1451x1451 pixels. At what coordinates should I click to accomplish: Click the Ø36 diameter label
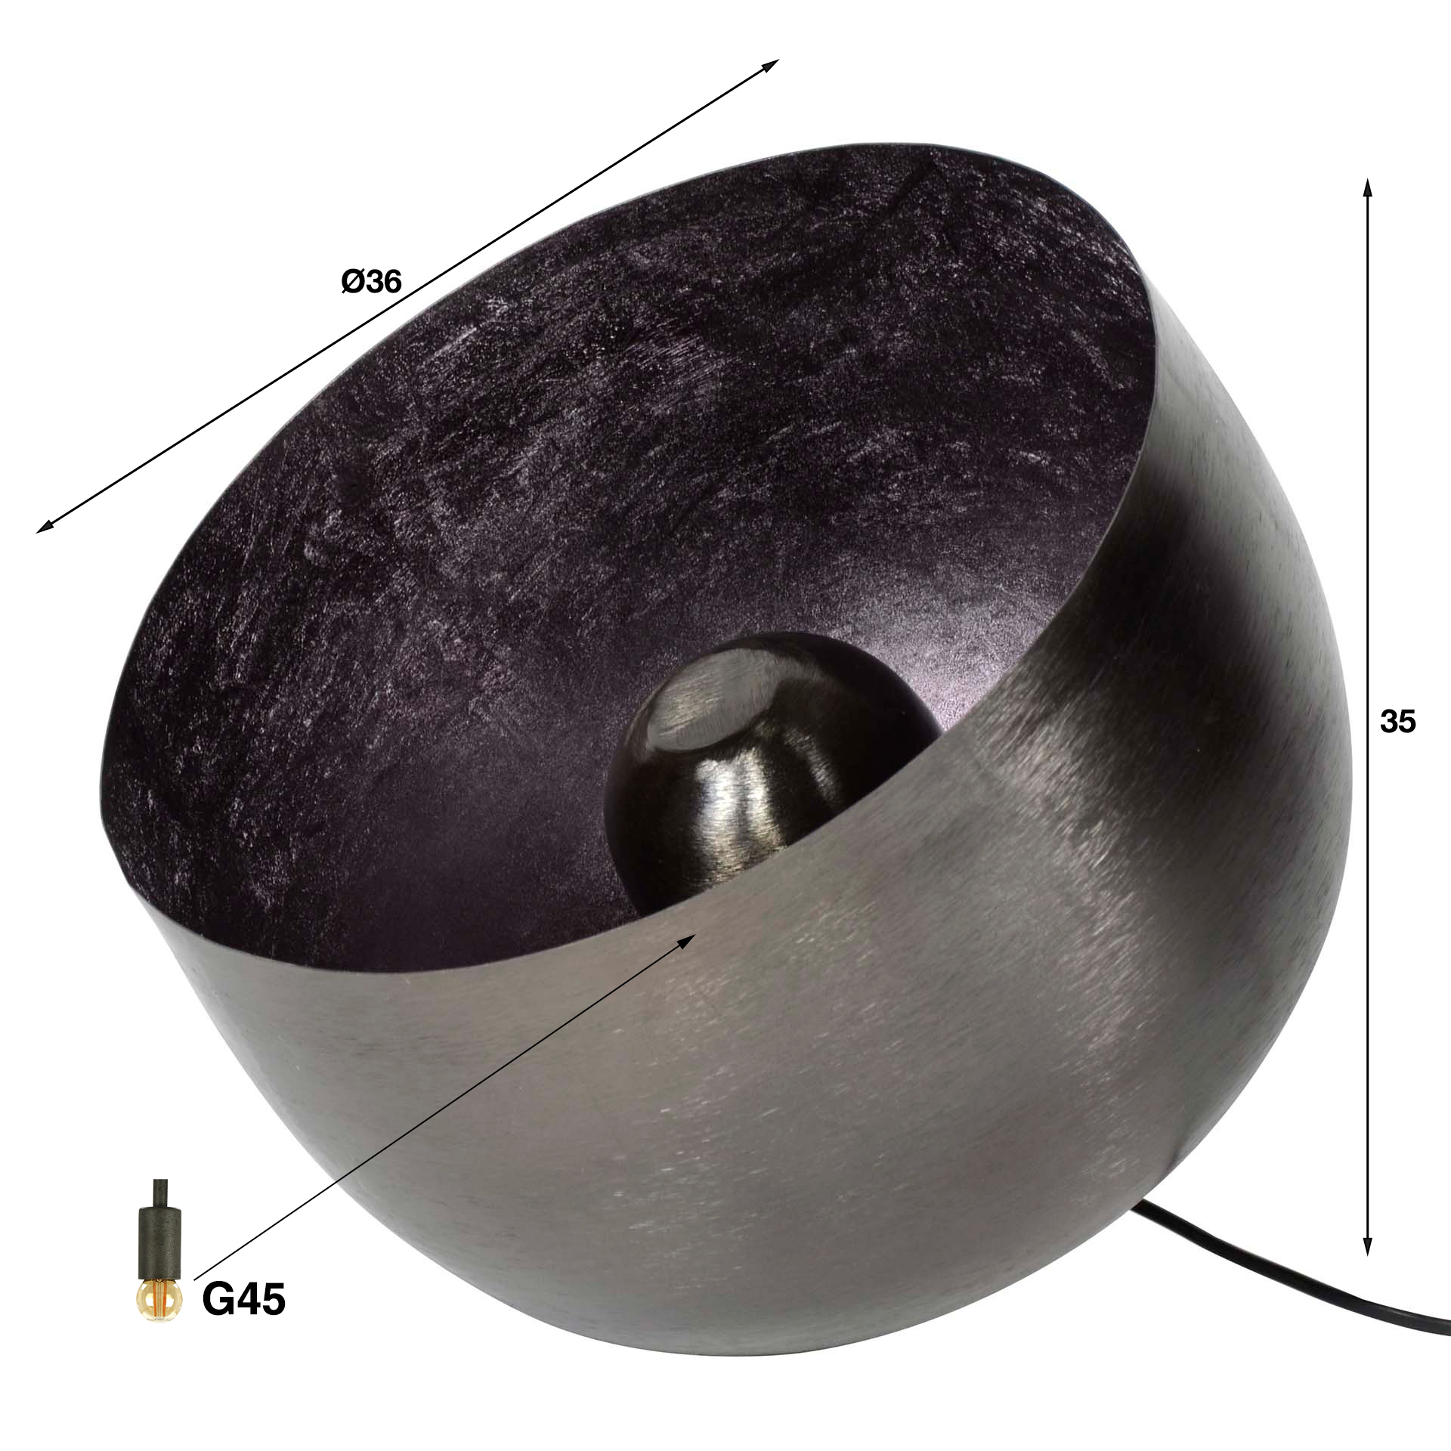click(x=371, y=282)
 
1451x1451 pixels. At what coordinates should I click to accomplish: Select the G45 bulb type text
click(x=243, y=1300)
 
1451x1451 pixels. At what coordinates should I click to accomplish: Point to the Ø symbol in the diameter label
click(x=352, y=282)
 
